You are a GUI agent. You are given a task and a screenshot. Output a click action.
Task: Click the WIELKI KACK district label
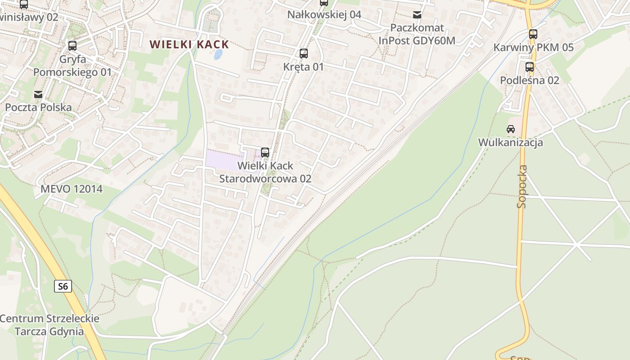pos(189,45)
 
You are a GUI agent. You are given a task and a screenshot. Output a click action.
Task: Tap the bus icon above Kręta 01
pos(304,54)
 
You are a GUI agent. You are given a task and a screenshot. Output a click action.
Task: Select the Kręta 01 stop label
pos(304,67)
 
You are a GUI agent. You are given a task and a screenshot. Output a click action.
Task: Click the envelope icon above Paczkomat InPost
pos(417,15)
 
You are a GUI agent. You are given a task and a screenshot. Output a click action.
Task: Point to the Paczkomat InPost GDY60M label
pos(417,34)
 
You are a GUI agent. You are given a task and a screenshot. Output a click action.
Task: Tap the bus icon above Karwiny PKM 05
pos(533,34)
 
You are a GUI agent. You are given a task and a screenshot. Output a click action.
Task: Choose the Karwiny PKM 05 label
pos(533,47)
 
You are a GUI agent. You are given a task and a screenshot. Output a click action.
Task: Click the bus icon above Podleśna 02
pos(530,67)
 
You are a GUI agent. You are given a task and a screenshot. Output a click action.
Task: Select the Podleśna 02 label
pos(530,81)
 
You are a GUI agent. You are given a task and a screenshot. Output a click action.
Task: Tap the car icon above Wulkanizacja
pos(511,129)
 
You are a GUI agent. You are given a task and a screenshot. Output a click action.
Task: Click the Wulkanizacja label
pos(511,143)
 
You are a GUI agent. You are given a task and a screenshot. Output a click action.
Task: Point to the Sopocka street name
pos(522,186)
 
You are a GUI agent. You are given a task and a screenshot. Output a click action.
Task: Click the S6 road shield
pos(63,286)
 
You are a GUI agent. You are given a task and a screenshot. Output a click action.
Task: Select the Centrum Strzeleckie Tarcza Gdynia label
pos(49,325)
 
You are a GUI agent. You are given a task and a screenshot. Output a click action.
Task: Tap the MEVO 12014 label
pos(72,189)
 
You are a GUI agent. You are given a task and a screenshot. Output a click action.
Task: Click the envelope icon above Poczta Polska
pos(38,94)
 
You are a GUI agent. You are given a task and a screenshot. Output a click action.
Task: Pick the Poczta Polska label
pos(38,108)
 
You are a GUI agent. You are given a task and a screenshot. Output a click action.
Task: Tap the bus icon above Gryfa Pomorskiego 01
pos(72,46)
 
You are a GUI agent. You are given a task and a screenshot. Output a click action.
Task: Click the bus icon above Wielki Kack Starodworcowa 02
pos(265,153)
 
